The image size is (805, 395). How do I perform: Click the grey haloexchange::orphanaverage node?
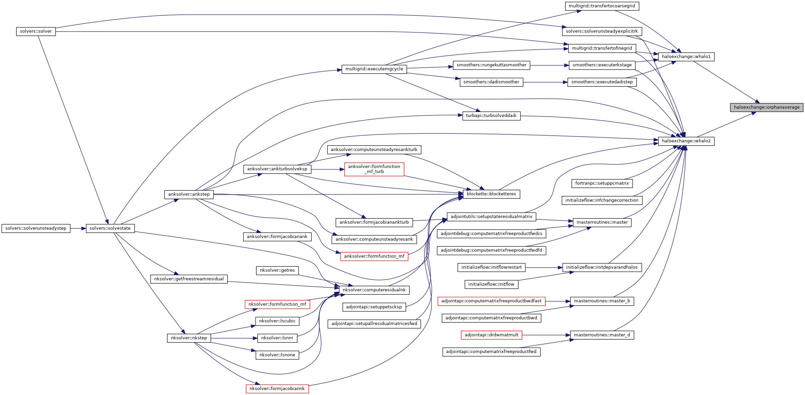[766, 107]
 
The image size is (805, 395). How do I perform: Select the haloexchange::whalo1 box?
[686, 57]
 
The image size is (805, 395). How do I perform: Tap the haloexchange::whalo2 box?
[686, 141]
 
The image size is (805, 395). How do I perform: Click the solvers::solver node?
[36, 31]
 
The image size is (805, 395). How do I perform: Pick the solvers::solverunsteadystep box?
[36, 228]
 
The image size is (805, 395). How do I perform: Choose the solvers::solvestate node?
[110, 228]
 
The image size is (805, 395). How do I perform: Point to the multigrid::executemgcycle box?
[374, 69]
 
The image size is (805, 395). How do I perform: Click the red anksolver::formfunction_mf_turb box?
[374, 169]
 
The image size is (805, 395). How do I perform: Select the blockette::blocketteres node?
[491, 194]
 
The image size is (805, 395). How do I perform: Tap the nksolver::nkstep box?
[189, 338]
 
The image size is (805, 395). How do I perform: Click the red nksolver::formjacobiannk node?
[277, 389]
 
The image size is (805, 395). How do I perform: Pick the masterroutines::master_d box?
[602, 335]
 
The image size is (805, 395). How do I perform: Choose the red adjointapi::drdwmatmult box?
[491, 335]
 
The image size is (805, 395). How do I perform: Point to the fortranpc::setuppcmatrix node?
[602, 183]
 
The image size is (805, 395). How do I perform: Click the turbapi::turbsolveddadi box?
[491, 116]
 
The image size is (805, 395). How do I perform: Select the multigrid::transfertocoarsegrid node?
[602, 6]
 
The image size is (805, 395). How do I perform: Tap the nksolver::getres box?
[277, 270]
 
